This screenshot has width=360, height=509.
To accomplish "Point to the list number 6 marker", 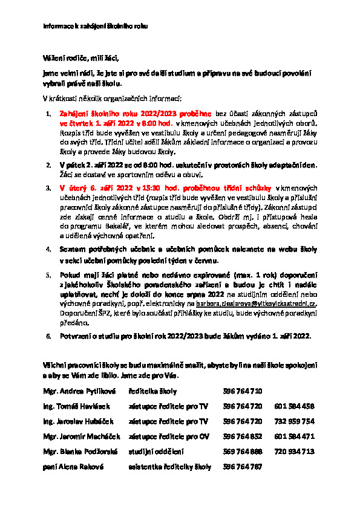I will [50, 336].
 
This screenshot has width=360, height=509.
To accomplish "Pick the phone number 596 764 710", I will [242, 391].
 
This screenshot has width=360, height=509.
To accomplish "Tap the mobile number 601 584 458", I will [294, 406].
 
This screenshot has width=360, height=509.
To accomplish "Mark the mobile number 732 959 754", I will [294, 421].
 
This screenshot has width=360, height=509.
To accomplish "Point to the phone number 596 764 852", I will [242, 436].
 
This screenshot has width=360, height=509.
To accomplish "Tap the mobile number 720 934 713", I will [294, 451].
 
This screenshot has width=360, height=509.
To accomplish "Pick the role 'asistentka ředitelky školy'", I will [169, 467].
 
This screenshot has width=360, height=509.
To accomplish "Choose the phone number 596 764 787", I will [242, 467].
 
